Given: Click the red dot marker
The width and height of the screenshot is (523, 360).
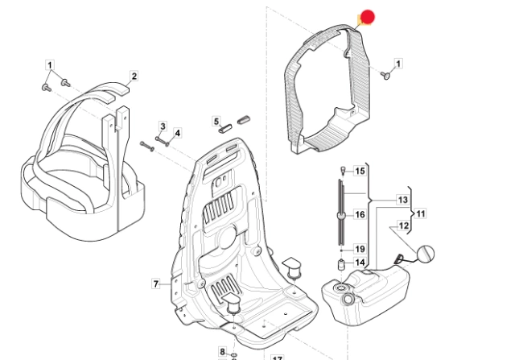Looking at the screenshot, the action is pos(368,17).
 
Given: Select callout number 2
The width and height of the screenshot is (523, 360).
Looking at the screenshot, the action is pos(134,77).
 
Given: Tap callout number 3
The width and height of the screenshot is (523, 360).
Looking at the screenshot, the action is pos(163,126).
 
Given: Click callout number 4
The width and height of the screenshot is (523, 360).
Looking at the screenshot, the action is pos(178,133).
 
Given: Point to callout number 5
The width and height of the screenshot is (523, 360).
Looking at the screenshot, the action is pos(216,122).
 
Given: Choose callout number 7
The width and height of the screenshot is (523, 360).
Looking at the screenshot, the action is pos(156,284).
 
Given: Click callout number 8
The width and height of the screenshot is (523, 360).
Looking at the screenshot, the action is pos(222,352).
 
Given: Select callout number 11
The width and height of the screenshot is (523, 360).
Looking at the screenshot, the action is pos(421,213).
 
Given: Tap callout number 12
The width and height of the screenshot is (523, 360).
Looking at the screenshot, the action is pos(404,226).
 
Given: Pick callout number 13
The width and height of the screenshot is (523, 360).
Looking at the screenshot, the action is pos(403,200).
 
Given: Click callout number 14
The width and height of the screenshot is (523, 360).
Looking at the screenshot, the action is pos(360,263).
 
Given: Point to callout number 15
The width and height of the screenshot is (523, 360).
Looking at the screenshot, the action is pos(360,171).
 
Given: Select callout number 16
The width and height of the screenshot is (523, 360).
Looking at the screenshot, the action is pos(360,214).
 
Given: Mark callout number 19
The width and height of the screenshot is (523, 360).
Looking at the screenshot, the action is pos(360,249).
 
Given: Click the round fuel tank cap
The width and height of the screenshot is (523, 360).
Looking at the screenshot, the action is pos(426,254).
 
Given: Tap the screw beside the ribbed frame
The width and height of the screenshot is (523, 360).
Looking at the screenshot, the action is pos(385,77).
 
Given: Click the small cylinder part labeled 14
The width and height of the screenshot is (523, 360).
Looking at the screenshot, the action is pos(341,266).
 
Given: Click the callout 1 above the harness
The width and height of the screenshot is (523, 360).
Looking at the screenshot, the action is pos(50,64).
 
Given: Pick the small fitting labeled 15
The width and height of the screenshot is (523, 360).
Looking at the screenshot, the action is pos(343,170).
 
